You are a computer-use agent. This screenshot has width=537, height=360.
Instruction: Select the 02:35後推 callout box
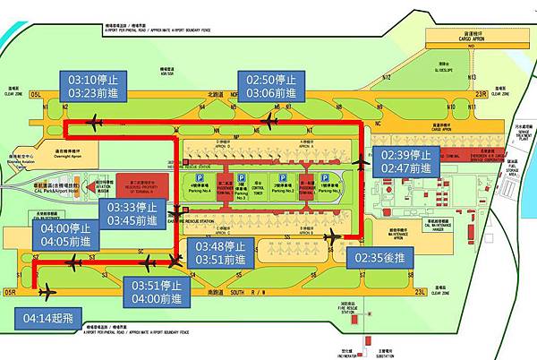tap(378, 259)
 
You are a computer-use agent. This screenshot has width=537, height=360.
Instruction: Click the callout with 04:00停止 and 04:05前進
tap(64, 235)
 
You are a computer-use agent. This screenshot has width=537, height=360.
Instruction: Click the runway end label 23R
tap(482, 91)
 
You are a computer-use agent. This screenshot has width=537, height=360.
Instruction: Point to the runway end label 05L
tap(36, 92)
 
